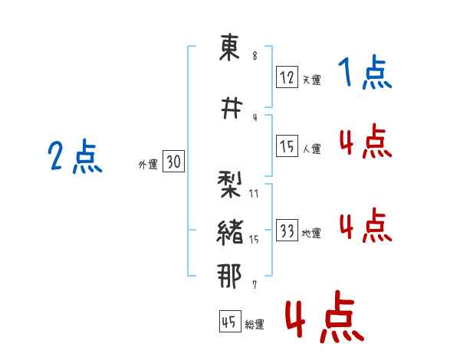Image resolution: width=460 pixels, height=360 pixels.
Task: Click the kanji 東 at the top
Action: pos(230,47)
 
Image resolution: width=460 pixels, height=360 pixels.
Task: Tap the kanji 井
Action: pos(232,108)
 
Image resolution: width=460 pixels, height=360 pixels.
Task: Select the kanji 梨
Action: pos(229,185)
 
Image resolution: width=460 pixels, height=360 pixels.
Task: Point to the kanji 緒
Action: pos(230,232)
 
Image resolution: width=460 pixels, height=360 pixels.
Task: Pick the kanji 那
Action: pos(229,277)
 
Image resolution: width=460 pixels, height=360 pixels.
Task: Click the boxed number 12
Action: pos(287,77)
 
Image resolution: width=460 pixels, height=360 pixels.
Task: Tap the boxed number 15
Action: pos(287,146)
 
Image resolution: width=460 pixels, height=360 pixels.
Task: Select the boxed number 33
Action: pos(287,230)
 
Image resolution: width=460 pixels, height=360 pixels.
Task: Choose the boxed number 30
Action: pos(173,161)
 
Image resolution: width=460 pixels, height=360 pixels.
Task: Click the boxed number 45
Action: pos(230,321)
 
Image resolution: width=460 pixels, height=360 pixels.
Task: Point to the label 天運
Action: pos(311,80)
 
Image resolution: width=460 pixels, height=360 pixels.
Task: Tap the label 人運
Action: pos(311,149)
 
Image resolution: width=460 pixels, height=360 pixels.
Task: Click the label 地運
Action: pos(311,233)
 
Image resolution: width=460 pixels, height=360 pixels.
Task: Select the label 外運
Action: pos(148,164)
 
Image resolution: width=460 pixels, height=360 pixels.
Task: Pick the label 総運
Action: pos(255,324)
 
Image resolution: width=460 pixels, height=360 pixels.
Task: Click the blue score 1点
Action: pos(365,72)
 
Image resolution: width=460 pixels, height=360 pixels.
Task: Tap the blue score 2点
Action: pos(75,156)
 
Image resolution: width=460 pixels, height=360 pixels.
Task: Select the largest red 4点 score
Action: pos(325,316)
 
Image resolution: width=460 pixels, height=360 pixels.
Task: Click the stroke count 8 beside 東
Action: pos(255,56)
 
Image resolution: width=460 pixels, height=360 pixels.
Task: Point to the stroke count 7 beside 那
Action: pos(255,285)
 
